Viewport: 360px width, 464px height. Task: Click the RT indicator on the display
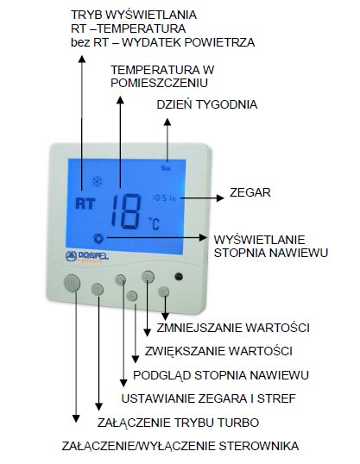click(x=85, y=204)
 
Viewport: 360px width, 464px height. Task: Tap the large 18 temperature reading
click(x=126, y=211)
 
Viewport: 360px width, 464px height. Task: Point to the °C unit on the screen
click(x=154, y=223)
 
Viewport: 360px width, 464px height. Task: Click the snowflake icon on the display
click(x=97, y=181)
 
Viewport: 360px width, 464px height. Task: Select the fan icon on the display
click(x=98, y=239)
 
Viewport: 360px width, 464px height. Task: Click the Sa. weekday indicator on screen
click(x=167, y=168)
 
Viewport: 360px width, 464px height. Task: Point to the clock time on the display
click(x=164, y=198)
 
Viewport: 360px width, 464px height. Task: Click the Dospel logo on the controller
click(x=87, y=256)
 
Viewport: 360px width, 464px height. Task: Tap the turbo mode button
click(x=98, y=289)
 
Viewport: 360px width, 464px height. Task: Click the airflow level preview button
click(x=132, y=295)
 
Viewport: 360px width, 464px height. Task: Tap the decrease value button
click(x=163, y=292)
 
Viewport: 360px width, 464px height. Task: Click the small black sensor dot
click(x=179, y=276)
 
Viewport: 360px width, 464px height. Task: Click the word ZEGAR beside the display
click(x=250, y=192)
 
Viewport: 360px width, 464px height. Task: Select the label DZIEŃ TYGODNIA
click(x=207, y=104)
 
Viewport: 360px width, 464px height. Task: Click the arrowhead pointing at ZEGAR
click(x=220, y=198)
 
